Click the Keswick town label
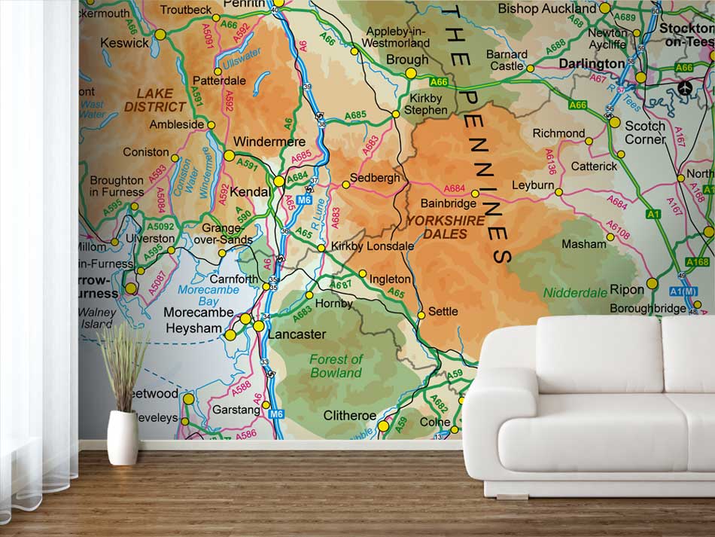pyautogui.click(x=125, y=43)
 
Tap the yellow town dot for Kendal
pyautogui.click(x=279, y=181)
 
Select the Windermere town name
pyautogui.click(x=269, y=142)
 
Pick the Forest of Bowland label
pyautogui.click(x=336, y=366)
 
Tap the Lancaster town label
pyautogui.click(x=297, y=334)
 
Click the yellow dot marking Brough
pyautogui.click(x=411, y=73)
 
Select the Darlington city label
pyautogui.click(x=592, y=64)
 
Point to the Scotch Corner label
pyautogui.click(x=645, y=133)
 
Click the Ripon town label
pyautogui.click(x=627, y=289)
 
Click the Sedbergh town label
pyautogui.click(x=376, y=178)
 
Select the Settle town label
pyautogui.click(x=443, y=311)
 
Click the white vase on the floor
pyautogui.click(x=123, y=437)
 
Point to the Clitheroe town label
pyautogui.click(x=349, y=415)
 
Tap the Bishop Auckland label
pyautogui.click(x=547, y=9)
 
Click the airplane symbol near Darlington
pyautogui.click(x=685, y=87)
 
